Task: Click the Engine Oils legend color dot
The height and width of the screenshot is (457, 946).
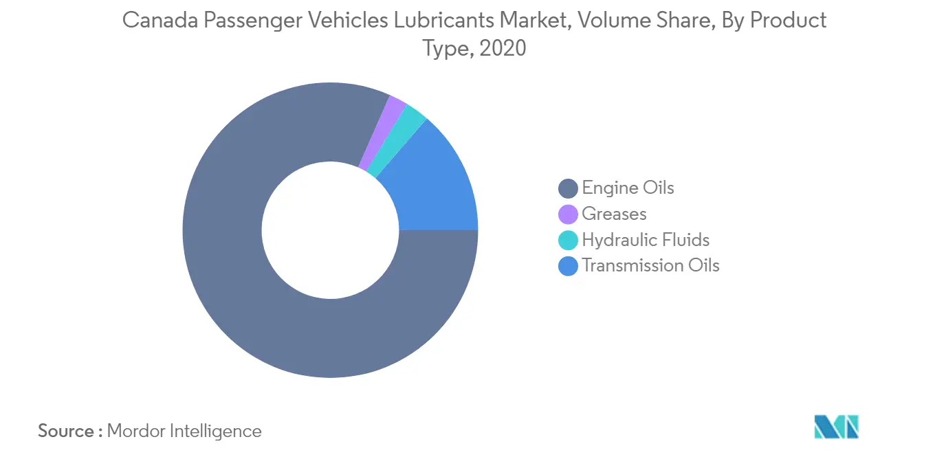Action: point(568,188)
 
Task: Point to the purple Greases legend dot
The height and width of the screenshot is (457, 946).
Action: point(568,214)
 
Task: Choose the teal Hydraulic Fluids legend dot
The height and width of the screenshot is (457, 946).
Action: point(568,240)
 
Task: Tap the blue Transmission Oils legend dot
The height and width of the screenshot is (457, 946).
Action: point(568,266)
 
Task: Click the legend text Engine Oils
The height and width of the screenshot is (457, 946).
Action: point(628,188)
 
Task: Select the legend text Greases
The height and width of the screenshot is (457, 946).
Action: point(615,214)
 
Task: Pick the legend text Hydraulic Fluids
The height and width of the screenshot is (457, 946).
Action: point(646,240)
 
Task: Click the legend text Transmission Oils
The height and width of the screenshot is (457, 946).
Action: point(651,265)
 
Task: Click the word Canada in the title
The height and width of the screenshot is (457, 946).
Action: point(160,20)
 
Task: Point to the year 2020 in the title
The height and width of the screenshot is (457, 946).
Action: point(503,47)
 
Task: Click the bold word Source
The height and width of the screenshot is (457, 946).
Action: point(66,431)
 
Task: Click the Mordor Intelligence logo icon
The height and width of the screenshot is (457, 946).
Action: point(836,427)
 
